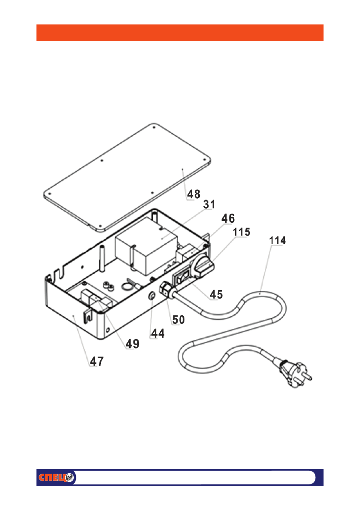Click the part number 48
pyautogui.click(x=194, y=194)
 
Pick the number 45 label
pyautogui.click(x=216, y=294)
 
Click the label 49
pyautogui.click(x=133, y=344)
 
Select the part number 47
pyautogui.click(x=97, y=362)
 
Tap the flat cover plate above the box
pyautogui.click(x=129, y=176)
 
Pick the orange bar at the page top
pyautogui.click(x=180, y=33)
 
